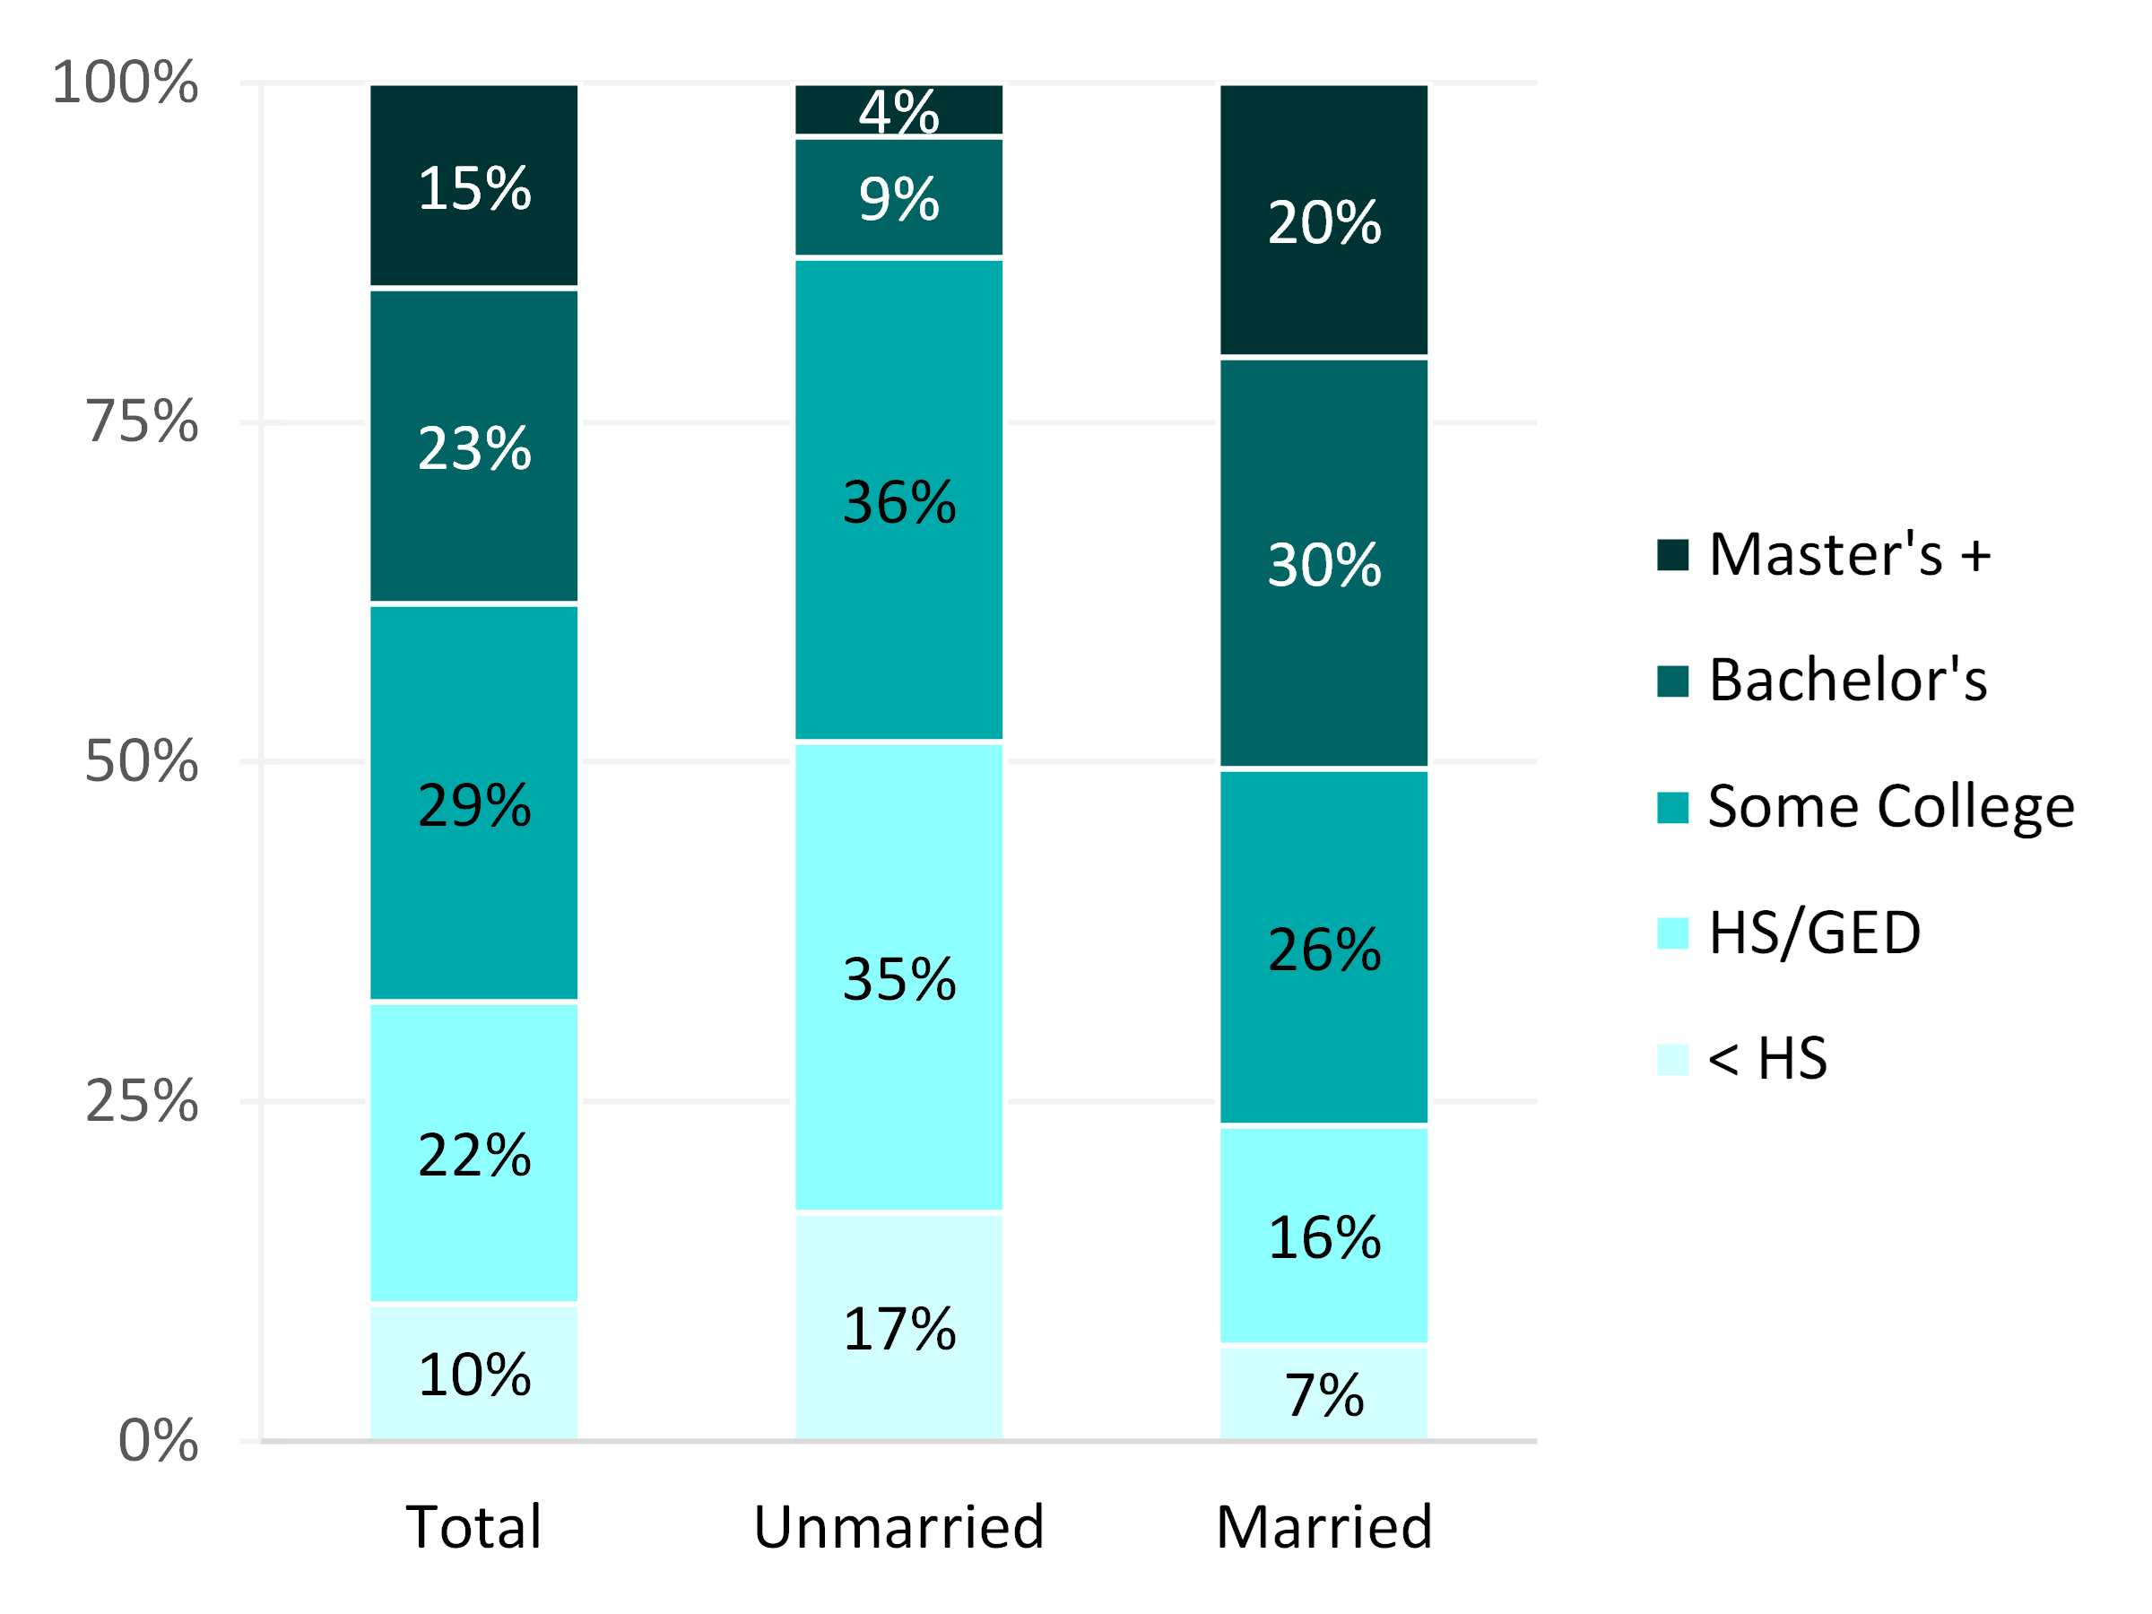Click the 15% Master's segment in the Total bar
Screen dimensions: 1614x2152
[473, 186]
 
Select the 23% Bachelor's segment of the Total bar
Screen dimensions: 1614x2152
[473, 447]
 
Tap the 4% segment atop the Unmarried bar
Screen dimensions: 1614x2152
[899, 109]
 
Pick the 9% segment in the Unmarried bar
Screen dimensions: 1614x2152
[899, 198]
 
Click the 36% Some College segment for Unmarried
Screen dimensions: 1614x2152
[899, 500]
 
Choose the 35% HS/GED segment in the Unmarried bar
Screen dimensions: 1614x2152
[899, 976]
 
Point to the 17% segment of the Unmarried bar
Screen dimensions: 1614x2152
[899, 1327]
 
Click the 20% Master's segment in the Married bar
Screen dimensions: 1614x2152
[1324, 220]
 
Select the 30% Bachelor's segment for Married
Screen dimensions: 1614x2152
[1324, 563]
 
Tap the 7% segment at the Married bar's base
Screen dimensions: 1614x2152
[1324, 1393]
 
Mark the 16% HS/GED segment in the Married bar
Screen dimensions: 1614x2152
[1324, 1237]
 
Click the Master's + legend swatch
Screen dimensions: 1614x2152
[1672, 554]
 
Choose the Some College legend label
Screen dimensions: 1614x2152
[1890, 806]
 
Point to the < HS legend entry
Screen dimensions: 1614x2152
[1766, 1058]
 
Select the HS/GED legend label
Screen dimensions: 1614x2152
[1815, 932]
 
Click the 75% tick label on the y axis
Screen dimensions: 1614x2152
[142, 421]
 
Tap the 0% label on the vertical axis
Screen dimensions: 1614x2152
[159, 1440]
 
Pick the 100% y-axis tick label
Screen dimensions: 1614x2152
[126, 82]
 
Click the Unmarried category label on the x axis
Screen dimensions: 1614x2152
[899, 1526]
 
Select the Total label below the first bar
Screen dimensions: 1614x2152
[473, 1526]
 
